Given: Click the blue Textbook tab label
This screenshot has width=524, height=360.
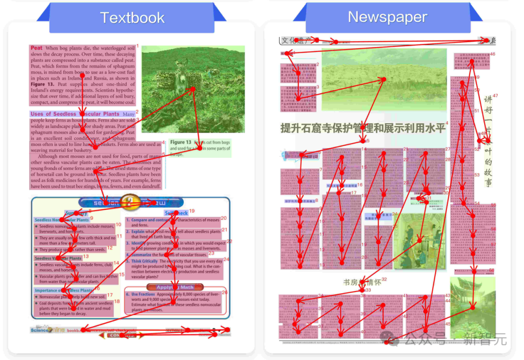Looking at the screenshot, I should pos(132,18).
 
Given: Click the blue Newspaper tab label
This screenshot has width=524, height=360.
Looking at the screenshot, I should pos(387,17).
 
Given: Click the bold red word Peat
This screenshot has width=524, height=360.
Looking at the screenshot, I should pos(36,48).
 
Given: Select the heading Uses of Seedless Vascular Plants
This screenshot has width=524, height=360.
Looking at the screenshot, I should pos(75,114).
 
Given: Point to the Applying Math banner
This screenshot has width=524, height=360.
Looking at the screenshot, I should pos(175,287).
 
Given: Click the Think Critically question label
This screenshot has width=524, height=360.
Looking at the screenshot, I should pos(145,261).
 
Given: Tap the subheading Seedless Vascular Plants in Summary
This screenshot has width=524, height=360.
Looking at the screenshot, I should pos(58,259).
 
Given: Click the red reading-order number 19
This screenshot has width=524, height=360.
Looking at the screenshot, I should pos(192,211).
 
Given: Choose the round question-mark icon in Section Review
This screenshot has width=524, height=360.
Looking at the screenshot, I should pos(129,201).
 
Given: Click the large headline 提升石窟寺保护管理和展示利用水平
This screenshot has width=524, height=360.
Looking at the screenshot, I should pos(363,128).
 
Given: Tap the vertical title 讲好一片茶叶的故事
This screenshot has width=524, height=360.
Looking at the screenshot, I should pos(488,141).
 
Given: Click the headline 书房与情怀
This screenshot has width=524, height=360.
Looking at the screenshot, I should pos(361,282).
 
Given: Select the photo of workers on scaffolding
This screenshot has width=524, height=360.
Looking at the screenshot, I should pos(419,241).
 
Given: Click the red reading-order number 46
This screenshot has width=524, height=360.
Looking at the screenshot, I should pos(492,54).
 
